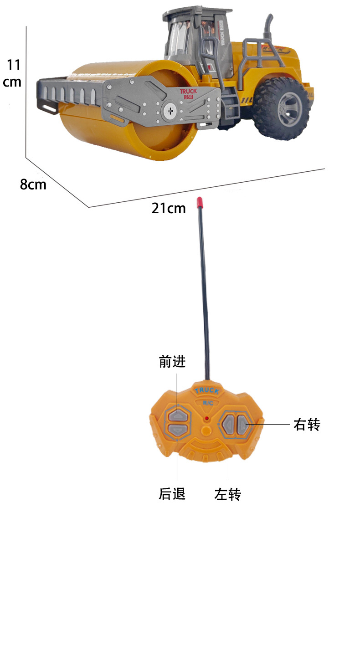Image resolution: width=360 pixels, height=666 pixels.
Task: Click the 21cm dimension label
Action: click(169, 208)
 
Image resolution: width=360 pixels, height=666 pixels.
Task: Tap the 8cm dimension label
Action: click(33, 184)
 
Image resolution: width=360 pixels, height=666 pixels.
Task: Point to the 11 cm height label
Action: click(13, 73)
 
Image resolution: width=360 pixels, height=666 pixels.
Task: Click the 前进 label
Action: click(172, 362)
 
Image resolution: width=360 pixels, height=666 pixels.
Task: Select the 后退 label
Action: click(172, 494)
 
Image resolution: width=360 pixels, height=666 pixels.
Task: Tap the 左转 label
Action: click(227, 494)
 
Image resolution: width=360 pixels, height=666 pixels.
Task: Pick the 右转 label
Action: click(307, 425)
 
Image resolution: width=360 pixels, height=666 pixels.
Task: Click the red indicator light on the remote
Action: click(206, 418)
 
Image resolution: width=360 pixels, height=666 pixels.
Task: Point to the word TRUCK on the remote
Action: click(207, 391)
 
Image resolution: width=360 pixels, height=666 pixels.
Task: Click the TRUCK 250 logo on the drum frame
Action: click(188, 93)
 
